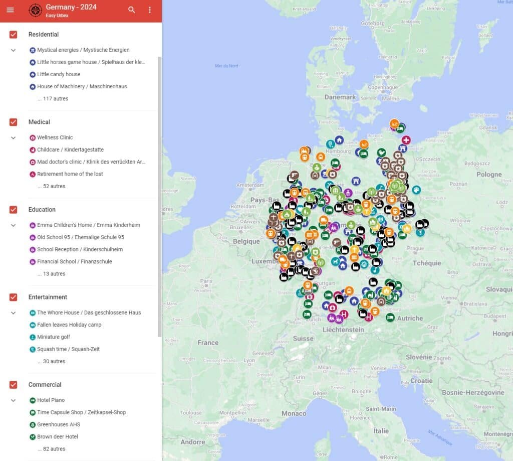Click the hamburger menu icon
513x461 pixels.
coord(10,10)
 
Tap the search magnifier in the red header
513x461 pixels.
coord(132,10)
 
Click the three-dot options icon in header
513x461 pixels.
coord(149,10)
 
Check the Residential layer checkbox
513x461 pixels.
coord(14,35)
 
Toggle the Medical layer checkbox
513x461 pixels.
coord(14,122)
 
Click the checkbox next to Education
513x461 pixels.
coord(14,210)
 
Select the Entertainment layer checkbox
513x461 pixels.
coord(14,297)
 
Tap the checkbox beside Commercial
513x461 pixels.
coord(14,385)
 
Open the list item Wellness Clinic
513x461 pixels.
coord(55,137)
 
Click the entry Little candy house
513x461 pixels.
coord(58,74)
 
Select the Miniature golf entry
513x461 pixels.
coord(53,337)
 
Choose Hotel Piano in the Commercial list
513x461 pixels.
coord(51,400)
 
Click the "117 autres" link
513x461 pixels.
coord(53,99)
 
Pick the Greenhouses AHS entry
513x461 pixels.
coord(58,424)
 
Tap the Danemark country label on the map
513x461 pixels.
coord(340,97)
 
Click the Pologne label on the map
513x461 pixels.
coord(489,175)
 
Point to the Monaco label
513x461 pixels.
coord(294,413)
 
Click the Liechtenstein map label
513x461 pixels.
coord(343,330)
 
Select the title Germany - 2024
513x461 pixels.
coord(71,7)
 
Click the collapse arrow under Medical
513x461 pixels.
coord(14,137)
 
